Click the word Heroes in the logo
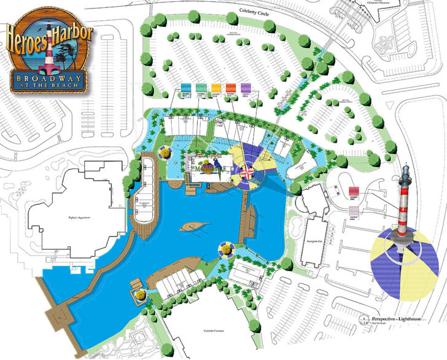(x=28, y=38)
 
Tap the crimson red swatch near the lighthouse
(x=354, y=192)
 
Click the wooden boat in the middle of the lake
(x=192, y=227)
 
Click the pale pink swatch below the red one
(x=354, y=208)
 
